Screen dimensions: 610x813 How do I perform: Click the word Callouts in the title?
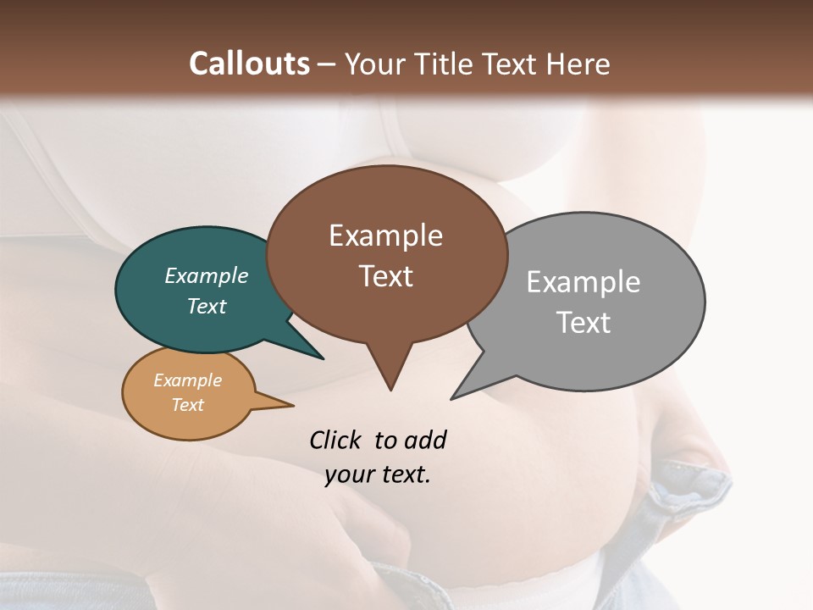tap(249, 64)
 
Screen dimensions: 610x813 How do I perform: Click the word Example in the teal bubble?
tap(207, 275)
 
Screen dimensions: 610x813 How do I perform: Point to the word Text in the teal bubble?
tap(207, 306)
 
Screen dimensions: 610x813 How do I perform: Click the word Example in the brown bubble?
tap(386, 236)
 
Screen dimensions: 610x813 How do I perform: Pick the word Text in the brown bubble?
tap(386, 276)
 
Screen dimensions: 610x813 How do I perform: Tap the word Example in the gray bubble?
tap(583, 281)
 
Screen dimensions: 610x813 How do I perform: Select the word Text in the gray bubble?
tap(583, 322)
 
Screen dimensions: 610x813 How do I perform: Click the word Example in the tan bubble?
tap(188, 380)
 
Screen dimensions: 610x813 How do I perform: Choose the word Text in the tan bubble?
tap(188, 405)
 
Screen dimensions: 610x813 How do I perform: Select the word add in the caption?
tap(425, 440)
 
